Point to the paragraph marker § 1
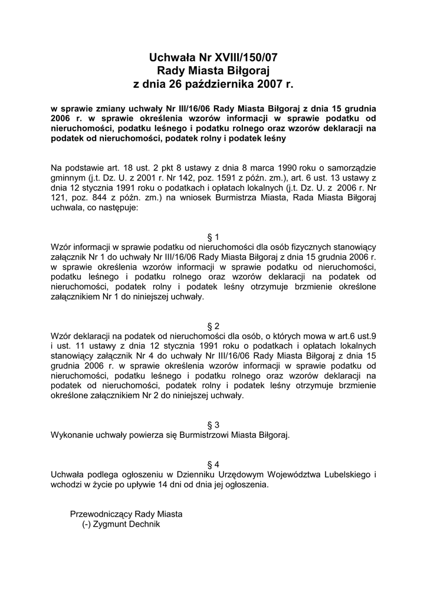point(213,237)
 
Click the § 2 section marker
point(213,326)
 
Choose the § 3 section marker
point(213,425)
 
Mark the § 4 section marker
point(213,464)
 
